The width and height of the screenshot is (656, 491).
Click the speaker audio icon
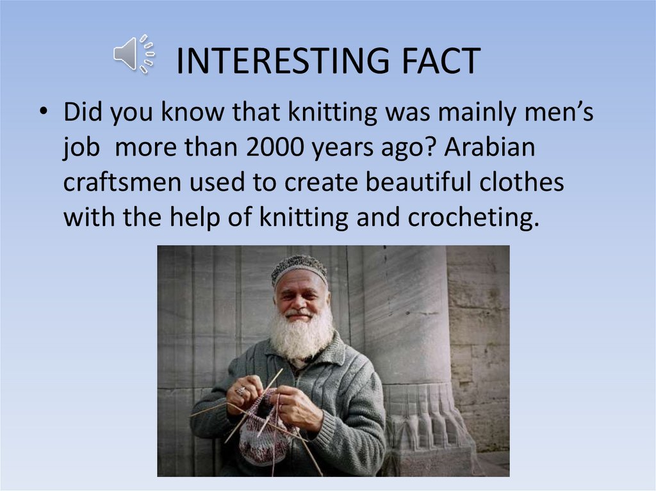[133, 54]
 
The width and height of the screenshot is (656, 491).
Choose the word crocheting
[472, 218]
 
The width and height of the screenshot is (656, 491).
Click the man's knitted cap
[299, 268]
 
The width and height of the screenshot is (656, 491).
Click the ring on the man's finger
[240, 390]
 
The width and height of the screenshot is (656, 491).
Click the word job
[81, 148]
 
